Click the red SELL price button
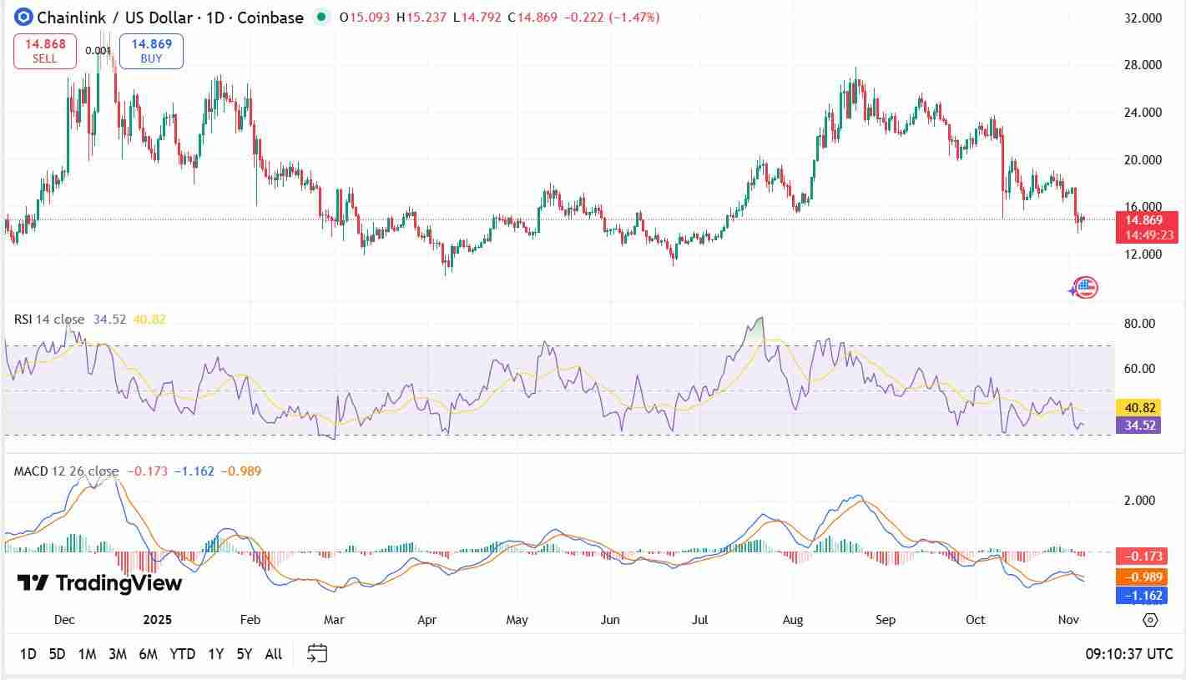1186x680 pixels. pos(45,51)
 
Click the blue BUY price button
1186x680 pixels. pos(151,51)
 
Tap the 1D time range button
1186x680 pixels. pos(28,654)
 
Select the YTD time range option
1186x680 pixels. pos(182,654)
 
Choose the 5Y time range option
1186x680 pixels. pos(244,654)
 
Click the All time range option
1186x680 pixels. pos(273,654)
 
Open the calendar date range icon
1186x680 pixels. pos(317,653)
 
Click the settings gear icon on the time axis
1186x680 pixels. pos(1150,620)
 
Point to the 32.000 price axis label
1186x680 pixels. pos(1143,18)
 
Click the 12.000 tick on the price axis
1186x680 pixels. pos(1143,254)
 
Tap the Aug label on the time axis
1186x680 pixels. pos(793,620)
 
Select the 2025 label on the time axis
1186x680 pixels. pos(157,620)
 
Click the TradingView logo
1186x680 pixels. pos(100,583)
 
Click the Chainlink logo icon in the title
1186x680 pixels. pos(23,17)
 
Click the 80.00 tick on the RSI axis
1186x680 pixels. pos(1139,324)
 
